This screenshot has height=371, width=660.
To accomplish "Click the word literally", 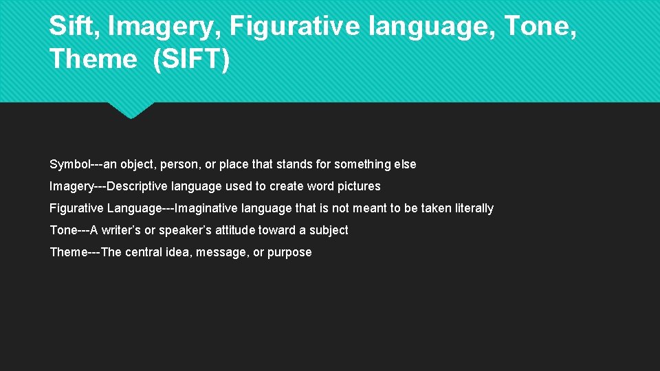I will click(472, 208).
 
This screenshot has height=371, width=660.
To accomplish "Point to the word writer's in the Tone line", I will click(121, 230).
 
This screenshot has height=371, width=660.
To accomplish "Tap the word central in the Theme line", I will click(142, 252).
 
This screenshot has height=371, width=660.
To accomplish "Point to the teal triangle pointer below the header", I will click(131, 110).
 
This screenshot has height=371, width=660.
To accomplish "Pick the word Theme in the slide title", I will click(93, 59).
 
